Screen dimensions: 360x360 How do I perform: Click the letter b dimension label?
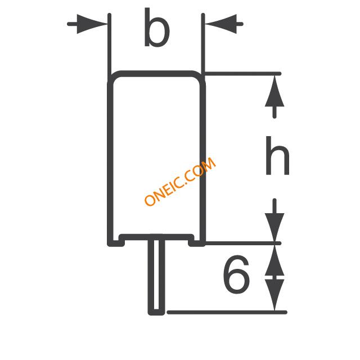pyautogui.click(x=157, y=28)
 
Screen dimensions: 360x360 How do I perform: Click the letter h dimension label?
pyautogui.click(x=277, y=155)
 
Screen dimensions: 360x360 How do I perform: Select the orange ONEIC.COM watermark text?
pyautogui.click(x=180, y=181)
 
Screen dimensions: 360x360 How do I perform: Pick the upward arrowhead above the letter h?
pyautogui.click(x=274, y=91)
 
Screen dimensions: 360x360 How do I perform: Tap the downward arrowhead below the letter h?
pyautogui.click(x=274, y=227)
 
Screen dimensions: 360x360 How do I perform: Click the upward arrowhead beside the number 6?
pyautogui.click(x=274, y=260)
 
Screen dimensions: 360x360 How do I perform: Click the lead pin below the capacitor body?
pyautogui.click(x=156, y=274)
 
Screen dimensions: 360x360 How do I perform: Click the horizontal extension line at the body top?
pyautogui.click(x=242, y=74)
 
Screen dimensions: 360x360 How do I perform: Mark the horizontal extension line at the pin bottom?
pyautogui.click(x=227, y=312)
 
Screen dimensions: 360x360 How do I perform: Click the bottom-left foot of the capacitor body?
pyautogui.click(x=116, y=243)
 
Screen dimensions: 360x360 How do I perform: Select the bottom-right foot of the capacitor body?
pyautogui.click(x=197, y=243)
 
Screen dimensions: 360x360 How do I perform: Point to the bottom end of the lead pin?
pyautogui.click(x=156, y=314)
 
